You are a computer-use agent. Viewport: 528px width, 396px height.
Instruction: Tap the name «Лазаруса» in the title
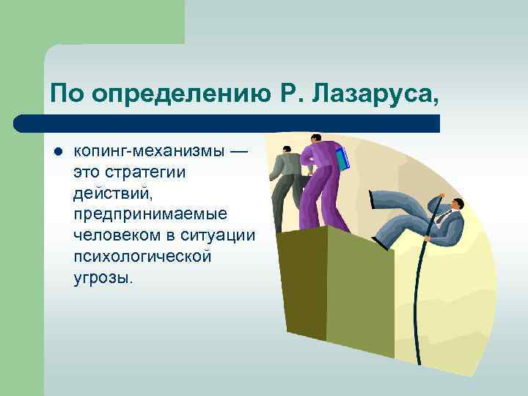pyautogui.click(x=370, y=93)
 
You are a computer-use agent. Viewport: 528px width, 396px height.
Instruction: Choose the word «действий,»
pyautogui.click(x=109, y=195)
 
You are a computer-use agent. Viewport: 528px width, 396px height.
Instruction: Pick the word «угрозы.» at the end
pyautogui.click(x=103, y=278)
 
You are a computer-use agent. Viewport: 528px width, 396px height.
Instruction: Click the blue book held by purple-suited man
pyautogui.click(x=342, y=158)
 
